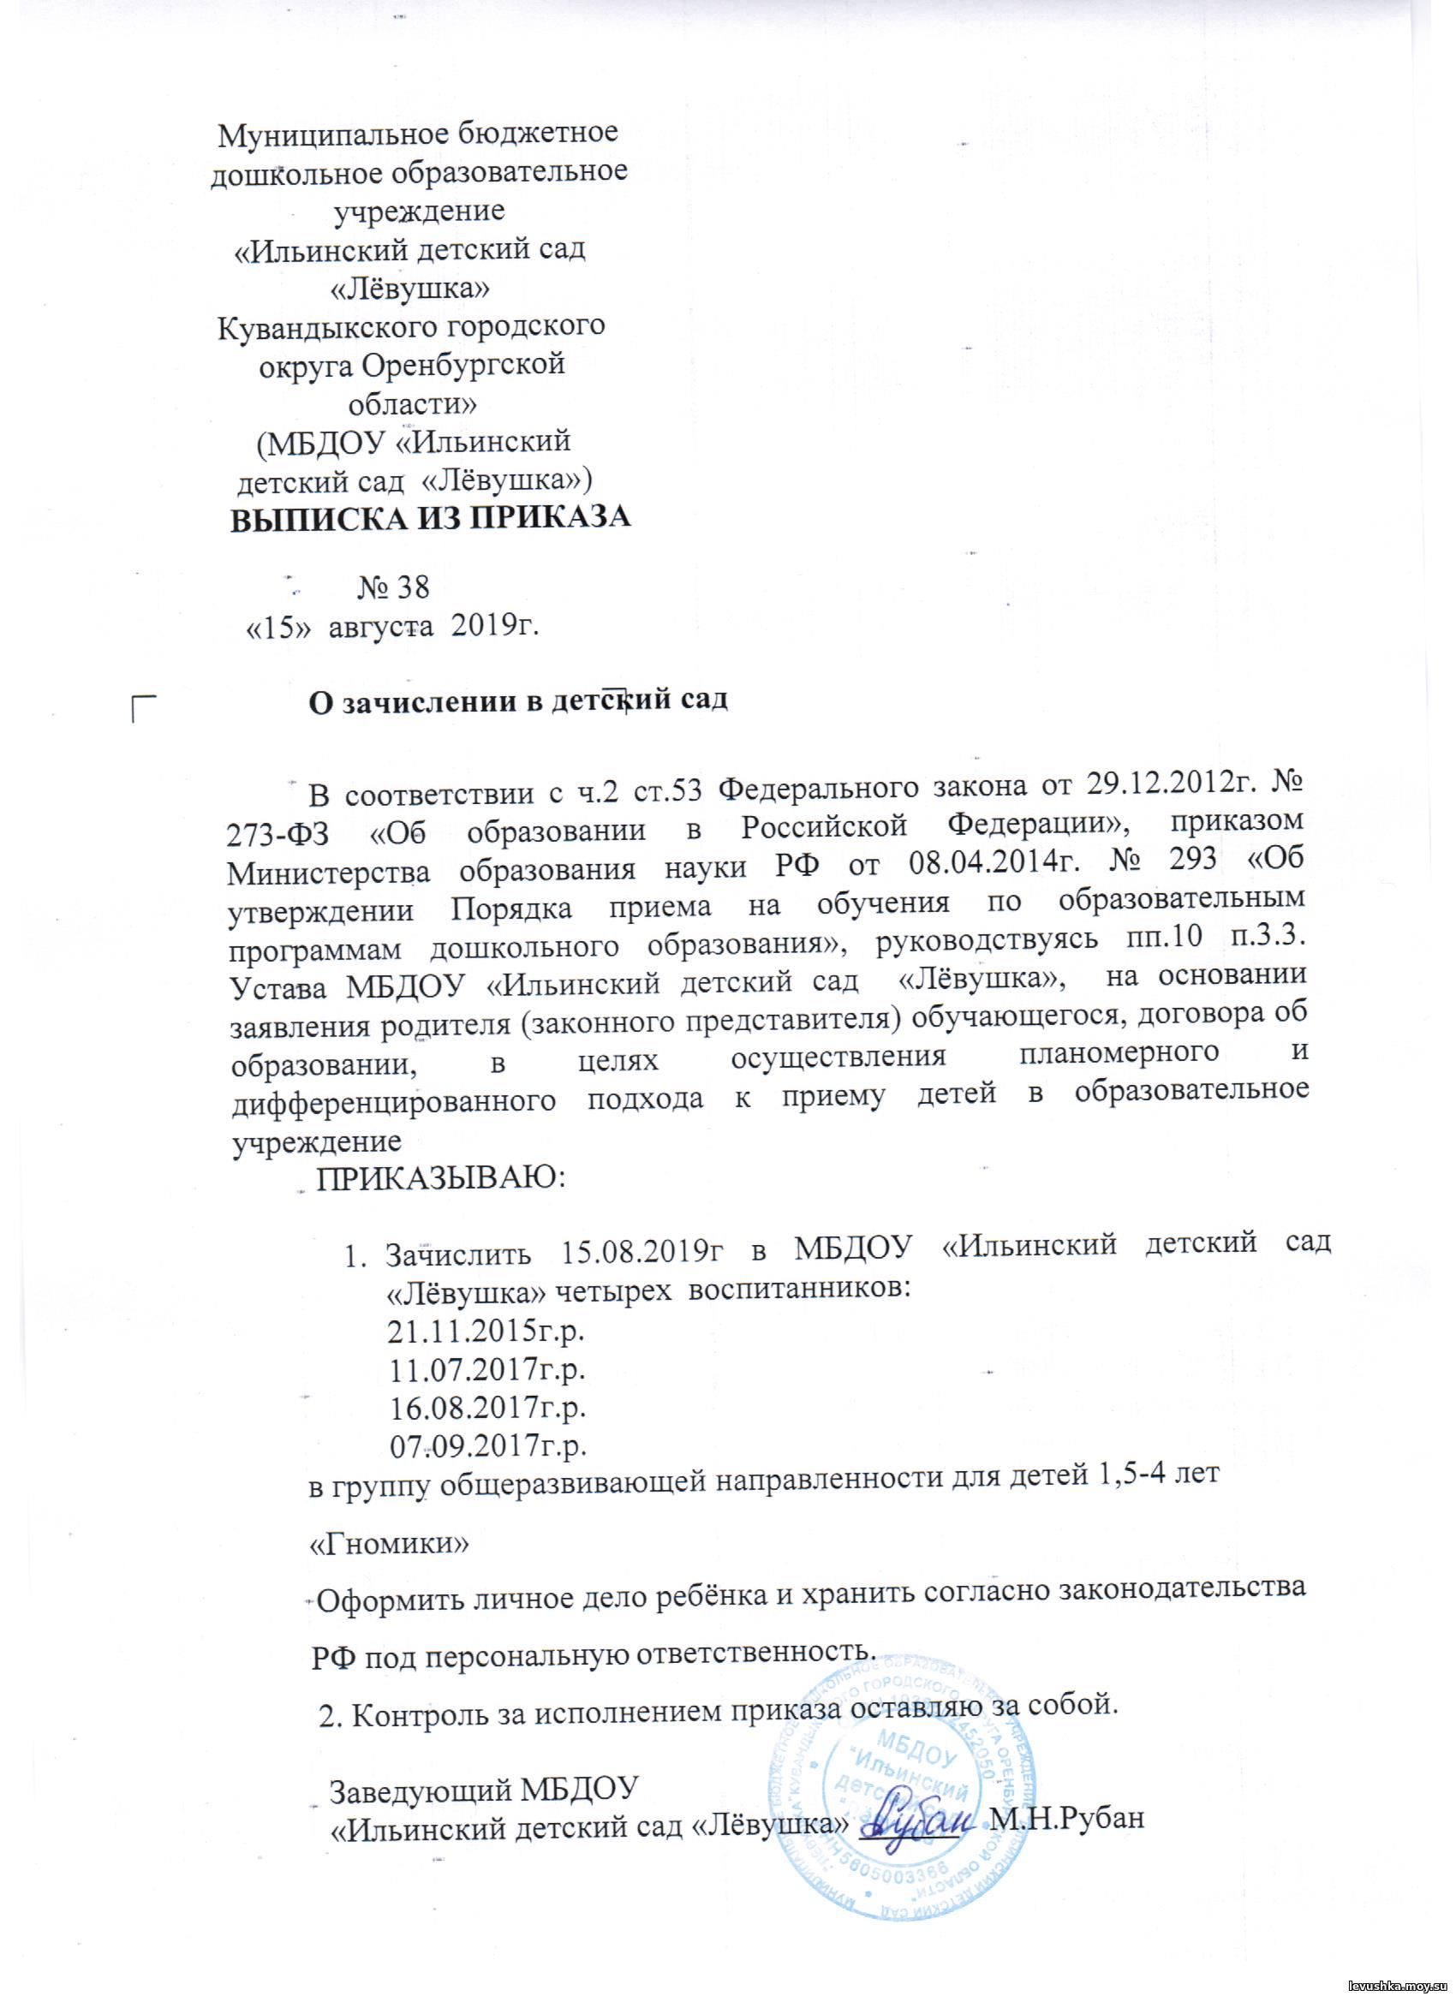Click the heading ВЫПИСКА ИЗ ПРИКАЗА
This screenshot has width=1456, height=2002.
pyautogui.click(x=431, y=518)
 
